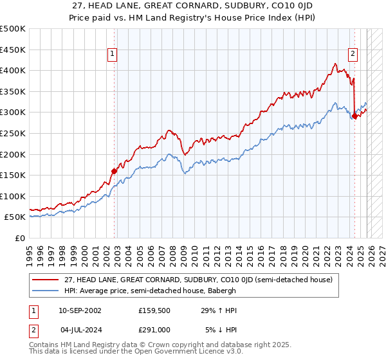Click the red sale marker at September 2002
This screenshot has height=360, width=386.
pos(114,171)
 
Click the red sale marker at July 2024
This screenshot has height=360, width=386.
pos(354,116)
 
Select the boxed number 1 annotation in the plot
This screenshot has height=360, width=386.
pos(112,55)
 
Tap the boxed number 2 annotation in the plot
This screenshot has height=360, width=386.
pos(353,55)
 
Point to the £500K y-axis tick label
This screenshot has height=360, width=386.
pos(13,29)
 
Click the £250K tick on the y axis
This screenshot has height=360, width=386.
pos(13,133)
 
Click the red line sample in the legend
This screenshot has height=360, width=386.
pos(46,280)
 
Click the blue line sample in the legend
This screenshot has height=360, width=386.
pos(46,291)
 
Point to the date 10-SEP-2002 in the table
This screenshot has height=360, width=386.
pos(80,310)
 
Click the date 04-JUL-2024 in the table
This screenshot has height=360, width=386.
pos(80,329)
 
